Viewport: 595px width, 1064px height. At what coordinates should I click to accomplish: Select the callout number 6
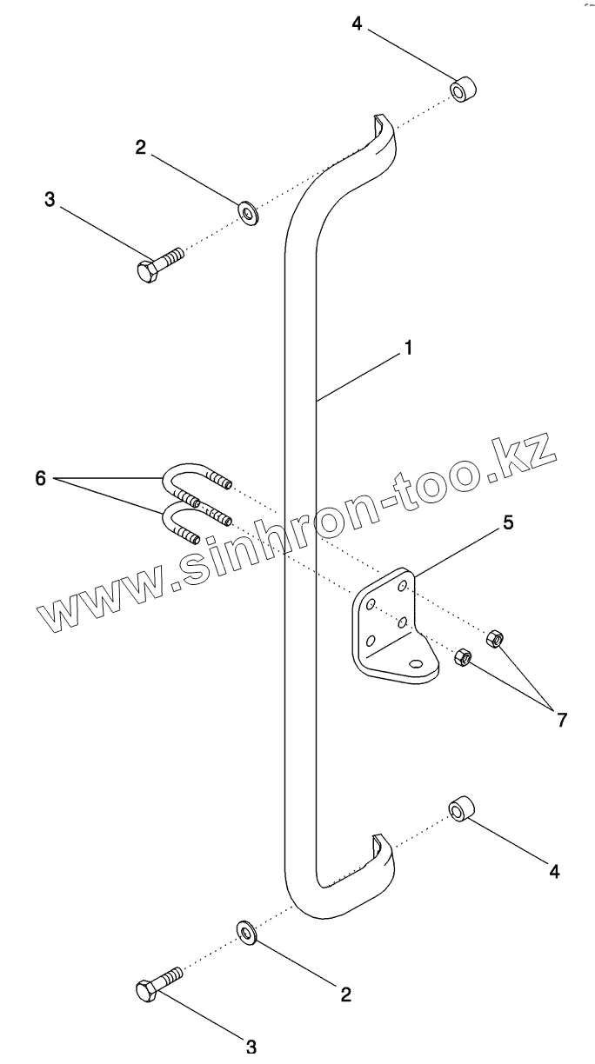pyautogui.click(x=40, y=477)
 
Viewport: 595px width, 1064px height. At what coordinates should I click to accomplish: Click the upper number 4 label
pyautogui.click(x=357, y=23)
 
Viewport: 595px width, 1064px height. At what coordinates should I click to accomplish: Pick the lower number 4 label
pyautogui.click(x=553, y=869)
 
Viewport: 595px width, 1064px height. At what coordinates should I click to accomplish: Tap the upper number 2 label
pyautogui.click(x=141, y=147)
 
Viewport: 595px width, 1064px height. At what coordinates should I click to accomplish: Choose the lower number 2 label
pyautogui.click(x=345, y=994)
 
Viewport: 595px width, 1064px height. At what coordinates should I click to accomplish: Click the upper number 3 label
pyautogui.click(x=50, y=199)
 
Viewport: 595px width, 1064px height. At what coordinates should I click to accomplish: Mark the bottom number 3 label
pyautogui.click(x=251, y=1044)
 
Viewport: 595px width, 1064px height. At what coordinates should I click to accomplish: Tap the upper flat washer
pyautogui.click(x=248, y=211)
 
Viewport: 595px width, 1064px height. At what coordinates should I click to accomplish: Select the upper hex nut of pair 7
pyautogui.click(x=494, y=637)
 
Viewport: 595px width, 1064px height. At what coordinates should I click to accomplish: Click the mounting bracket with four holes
pyautogui.click(x=391, y=628)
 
